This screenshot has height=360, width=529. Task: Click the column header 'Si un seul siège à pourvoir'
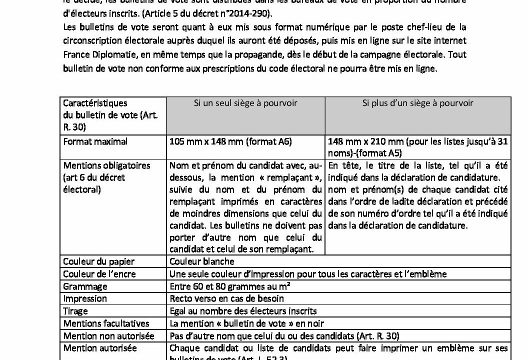tap(245, 103)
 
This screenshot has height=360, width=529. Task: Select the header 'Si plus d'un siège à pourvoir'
tap(417, 103)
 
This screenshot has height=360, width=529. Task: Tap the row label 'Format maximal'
tap(95, 141)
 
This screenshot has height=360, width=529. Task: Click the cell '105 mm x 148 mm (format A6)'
tap(230, 141)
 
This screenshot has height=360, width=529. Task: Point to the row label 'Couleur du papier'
tap(99, 261)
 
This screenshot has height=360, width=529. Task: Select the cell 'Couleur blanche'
tap(202, 261)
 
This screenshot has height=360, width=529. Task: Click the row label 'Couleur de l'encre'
tap(99, 274)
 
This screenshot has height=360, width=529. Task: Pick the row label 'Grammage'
tap(85, 286)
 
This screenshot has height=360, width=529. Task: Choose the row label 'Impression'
tap(85, 298)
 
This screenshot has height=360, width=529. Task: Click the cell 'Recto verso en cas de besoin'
tap(226, 298)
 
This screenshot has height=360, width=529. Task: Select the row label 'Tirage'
tap(76, 311)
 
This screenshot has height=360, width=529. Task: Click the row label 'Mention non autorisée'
tap(108, 336)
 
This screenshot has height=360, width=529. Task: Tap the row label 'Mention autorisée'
tap(100, 348)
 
